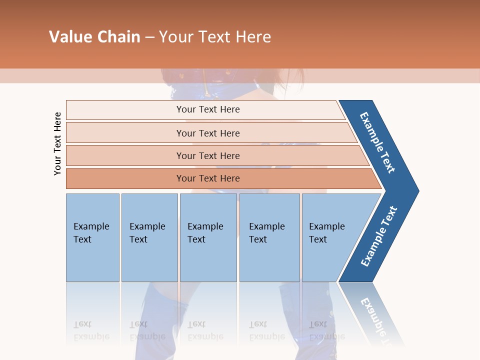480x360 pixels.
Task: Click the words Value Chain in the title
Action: tap(94, 37)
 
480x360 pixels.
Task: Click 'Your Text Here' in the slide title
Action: tap(215, 37)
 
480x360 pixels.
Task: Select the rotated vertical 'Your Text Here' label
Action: tap(57, 143)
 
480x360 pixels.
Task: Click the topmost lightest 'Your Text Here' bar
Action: tap(208, 109)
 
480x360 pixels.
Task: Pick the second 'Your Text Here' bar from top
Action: tap(208, 133)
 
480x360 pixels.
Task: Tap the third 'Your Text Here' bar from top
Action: tap(208, 155)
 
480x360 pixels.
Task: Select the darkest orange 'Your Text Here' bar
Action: tap(208, 178)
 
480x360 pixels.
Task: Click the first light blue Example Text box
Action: tap(92, 237)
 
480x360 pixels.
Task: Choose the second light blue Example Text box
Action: tap(149, 237)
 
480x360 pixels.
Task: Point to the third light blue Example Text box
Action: tap(208, 237)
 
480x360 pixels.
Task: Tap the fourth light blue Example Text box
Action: tap(269, 237)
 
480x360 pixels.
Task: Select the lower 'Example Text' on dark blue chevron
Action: tap(379, 236)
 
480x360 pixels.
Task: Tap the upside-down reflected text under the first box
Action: tap(91, 330)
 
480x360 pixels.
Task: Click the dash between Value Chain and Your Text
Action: tap(149, 37)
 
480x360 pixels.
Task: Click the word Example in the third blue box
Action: tap(205, 226)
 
